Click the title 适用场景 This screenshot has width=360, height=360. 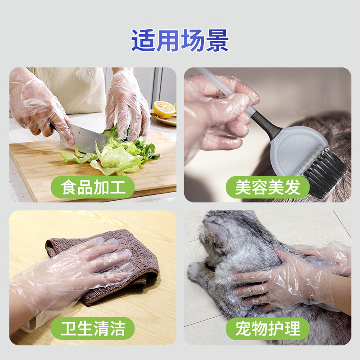tap(180, 40)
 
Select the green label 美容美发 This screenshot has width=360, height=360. tap(268, 187)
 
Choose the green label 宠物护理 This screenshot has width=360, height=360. tap(268, 328)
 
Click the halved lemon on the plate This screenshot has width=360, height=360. tap(164, 109)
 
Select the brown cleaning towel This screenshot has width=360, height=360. tap(135, 261)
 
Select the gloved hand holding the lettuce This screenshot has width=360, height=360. tap(126, 108)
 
